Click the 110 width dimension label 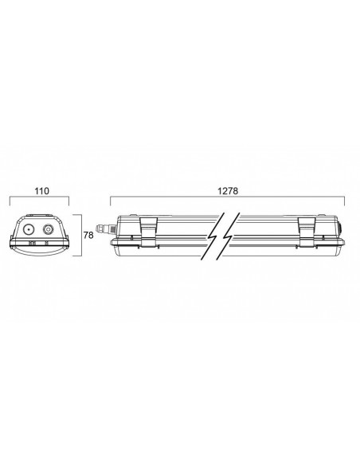click(x=41, y=191)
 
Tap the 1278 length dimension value click(x=228, y=191)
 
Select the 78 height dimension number click(x=88, y=235)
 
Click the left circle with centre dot click(x=29, y=229)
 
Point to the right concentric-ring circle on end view click(x=49, y=229)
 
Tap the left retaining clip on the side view click(x=149, y=232)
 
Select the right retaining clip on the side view click(x=307, y=232)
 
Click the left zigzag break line click(x=213, y=236)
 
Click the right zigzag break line click(x=229, y=236)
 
